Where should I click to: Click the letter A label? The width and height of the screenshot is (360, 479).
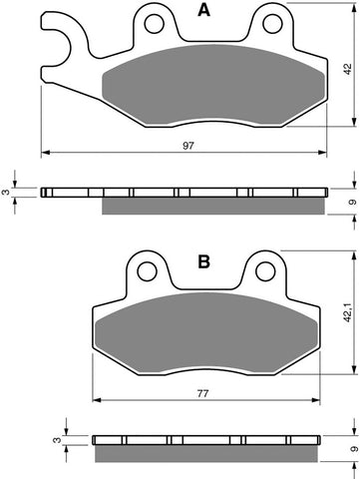(x=204, y=12)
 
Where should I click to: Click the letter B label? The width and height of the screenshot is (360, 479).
(x=203, y=261)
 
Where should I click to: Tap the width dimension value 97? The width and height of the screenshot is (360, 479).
(x=186, y=144)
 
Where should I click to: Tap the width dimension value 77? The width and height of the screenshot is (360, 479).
(x=202, y=394)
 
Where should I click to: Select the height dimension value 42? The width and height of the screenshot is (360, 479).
(x=346, y=69)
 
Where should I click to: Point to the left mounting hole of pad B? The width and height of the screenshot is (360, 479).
(x=149, y=268)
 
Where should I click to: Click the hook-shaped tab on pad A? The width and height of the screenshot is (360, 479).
(x=59, y=40)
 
